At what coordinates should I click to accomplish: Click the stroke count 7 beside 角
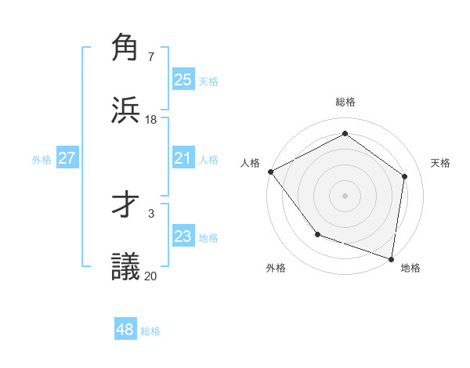point(150,57)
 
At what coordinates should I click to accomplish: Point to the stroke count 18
point(151,119)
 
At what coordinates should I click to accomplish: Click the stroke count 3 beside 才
point(150,213)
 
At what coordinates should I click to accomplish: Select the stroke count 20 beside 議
point(151,275)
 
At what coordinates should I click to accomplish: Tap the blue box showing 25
point(183,79)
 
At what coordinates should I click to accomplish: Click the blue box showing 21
point(183,158)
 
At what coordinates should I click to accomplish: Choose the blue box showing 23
point(183,236)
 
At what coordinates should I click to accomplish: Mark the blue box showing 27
point(67,158)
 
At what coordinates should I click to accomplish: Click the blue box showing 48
point(125,330)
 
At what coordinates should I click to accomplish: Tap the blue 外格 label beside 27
point(42,159)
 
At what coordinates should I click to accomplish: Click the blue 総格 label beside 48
point(150,331)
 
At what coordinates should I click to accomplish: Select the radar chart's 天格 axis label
point(440,163)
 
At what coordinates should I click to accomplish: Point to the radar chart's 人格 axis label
point(250,163)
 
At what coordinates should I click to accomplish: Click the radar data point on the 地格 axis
point(392,259)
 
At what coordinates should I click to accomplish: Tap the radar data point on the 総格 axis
point(345,135)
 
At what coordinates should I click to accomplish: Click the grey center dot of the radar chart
point(345,195)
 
